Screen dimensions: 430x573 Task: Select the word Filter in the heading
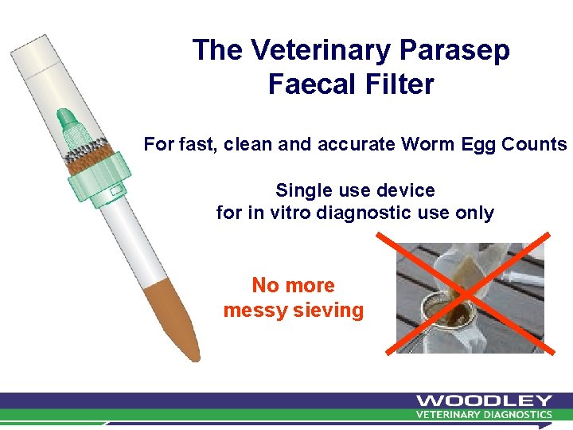(401, 84)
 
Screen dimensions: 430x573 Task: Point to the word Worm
(425, 145)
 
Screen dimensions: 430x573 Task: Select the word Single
(302, 190)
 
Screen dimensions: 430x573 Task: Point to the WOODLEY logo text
(483, 401)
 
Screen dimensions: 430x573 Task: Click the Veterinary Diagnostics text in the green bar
(484, 414)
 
